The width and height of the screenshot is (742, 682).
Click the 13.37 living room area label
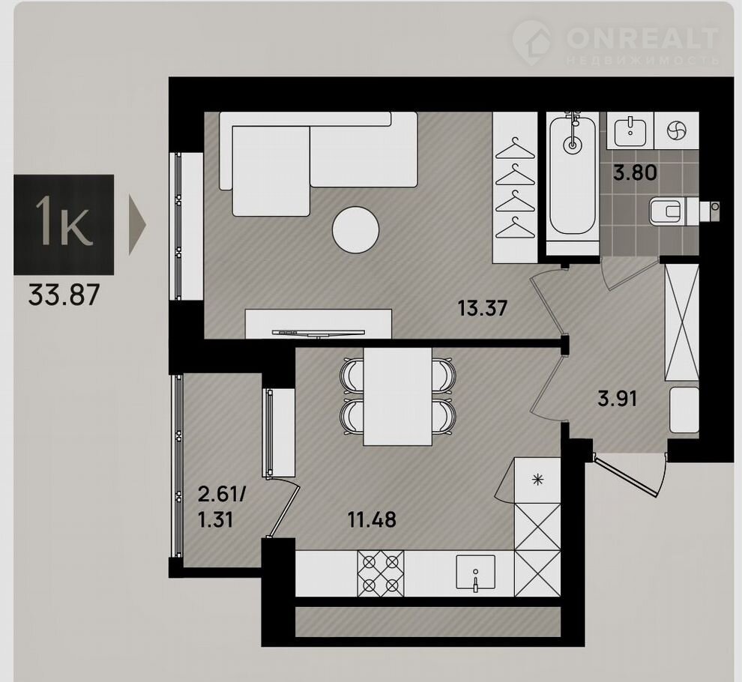(x=482, y=309)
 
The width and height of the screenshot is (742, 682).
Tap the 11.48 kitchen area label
(x=372, y=519)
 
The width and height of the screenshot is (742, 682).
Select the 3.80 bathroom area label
(x=635, y=172)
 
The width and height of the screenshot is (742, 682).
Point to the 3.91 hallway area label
(x=618, y=399)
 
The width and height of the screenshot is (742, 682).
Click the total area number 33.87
(x=64, y=296)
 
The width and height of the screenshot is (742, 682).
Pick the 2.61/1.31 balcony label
(x=221, y=508)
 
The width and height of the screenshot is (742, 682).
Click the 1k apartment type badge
(x=64, y=225)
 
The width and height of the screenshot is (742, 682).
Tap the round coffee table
(x=356, y=231)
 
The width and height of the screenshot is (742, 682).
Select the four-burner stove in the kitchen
(x=381, y=573)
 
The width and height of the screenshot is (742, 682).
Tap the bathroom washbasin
(x=630, y=132)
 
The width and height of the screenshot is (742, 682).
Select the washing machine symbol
(x=676, y=131)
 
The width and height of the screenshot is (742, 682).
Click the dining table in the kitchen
(x=397, y=396)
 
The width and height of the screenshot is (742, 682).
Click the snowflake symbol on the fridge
(x=537, y=480)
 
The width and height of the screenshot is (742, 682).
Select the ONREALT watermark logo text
(x=642, y=38)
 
